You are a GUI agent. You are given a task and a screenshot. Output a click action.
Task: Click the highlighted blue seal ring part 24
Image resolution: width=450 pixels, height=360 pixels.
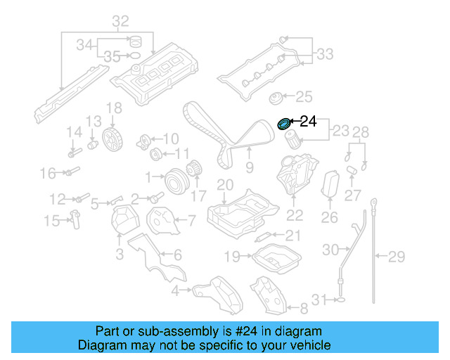click(284, 124)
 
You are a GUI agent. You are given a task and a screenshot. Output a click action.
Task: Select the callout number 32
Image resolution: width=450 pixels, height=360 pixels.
click(121, 22)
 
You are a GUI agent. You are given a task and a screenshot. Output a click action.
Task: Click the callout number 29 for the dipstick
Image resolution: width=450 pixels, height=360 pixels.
click(397, 256)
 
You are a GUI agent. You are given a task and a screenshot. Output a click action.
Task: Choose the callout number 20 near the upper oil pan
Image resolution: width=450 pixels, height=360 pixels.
click(224, 185)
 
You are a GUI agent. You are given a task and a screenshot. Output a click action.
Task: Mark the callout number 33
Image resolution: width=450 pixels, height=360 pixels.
click(324, 53)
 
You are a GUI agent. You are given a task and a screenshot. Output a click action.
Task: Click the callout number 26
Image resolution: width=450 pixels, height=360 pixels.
click(330, 218)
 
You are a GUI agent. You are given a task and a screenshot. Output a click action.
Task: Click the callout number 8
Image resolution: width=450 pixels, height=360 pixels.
click(304, 307)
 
